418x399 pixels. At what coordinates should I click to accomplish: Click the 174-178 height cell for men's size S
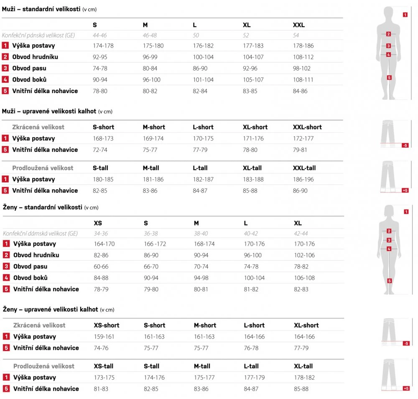pyautogui.click(x=103, y=46)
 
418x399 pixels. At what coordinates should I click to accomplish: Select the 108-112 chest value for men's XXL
pyautogui.click(x=303, y=57)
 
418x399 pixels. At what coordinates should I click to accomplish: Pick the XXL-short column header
pyautogui.click(x=307, y=127)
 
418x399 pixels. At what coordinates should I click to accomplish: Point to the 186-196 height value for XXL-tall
pyautogui.click(x=303, y=179)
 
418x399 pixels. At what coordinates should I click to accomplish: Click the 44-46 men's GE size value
pyautogui.click(x=100, y=35)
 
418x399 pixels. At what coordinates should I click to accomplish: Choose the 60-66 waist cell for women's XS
pyautogui.click(x=101, y=267)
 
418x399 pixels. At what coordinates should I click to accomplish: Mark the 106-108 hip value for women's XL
pyautogui.click(x=304, y=278)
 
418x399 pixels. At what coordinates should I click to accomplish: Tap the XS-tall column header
pyautogui.click(x=103, y=366)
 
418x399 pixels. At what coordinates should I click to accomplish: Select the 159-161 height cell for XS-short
pyautogui.click(x=104, y=337)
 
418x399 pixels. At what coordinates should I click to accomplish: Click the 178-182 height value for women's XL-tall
pyautogui.click(x=304, y=378)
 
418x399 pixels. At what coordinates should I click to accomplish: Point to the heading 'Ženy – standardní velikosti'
pyautogui.click(x=43, y=207)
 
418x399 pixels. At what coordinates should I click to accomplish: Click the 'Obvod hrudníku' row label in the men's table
pyautogui.click(x=35, y=57)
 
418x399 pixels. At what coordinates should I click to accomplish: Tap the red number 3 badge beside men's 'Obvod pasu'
pyautogui.click(x=5, y=68)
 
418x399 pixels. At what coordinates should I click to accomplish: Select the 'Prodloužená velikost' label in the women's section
pyautogui.click(x=44, y=366)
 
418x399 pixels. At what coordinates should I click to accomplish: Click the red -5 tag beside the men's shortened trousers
pyautogui.click(x=405, y=145)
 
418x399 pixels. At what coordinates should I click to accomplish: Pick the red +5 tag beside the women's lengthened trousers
pyautogui.click(x=405, y=389)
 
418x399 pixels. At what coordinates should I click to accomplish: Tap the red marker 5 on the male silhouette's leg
pyautogui.click(x=389, y=77)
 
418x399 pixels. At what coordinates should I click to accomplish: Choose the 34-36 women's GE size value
pyautogui.click(x=101, y=234)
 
